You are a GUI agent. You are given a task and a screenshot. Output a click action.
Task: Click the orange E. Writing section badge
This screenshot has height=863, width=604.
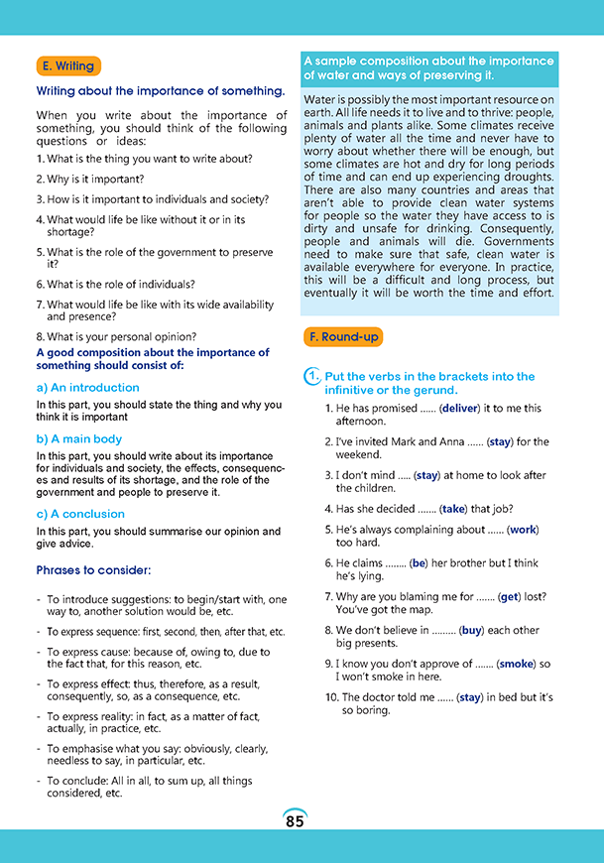tap(68, 66)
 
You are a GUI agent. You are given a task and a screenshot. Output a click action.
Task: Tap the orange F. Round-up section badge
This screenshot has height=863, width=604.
tap(342, 337)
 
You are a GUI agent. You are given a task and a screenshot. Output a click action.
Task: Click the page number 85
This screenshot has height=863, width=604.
tap(295, 821)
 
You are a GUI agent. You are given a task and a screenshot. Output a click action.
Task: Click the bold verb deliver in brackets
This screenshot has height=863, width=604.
tap(460, 408)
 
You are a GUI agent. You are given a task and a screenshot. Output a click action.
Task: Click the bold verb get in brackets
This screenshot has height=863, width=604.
tap(509, 596)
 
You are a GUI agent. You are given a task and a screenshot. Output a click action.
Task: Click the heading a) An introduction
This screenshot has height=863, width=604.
tap(88, 388)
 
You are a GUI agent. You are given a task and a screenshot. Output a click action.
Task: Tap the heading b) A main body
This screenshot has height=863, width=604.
tap(79, 438)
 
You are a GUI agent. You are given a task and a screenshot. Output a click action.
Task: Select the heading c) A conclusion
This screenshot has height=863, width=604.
tap(80, 514)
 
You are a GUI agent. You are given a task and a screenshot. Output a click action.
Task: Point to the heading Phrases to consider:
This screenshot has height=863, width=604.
tap(93, 570)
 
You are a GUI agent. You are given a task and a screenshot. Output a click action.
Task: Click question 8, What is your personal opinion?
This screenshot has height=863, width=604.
tap(116, 336)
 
